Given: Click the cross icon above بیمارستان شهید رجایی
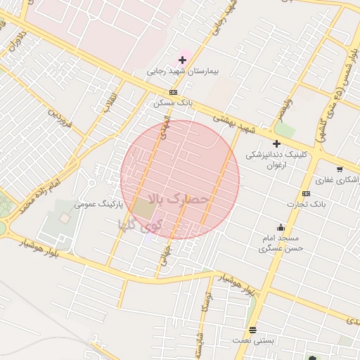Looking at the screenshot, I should pyautogui.click(x=183, y=60).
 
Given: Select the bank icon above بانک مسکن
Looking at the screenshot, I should pyautogui.click(x=173, y=92).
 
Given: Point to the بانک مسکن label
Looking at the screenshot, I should pyautogui.click(x=173, y=103).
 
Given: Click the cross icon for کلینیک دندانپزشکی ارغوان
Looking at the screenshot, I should pyautogui.click(x=276, y=143).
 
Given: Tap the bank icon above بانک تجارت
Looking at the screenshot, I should pyautogui.click(x=306, y=193).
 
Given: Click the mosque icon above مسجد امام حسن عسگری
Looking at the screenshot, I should pyautogui.click(x=281, y=227).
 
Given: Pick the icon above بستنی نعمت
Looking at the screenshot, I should pyautogui.click(x=253, y=330).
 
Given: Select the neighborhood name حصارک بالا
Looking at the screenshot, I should pyautogui.click(x=180, y=200).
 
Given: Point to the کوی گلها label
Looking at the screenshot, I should pyautogui.click(x=142, y=226).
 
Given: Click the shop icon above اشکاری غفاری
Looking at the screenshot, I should pyautogui.click(x=340, y=169).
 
